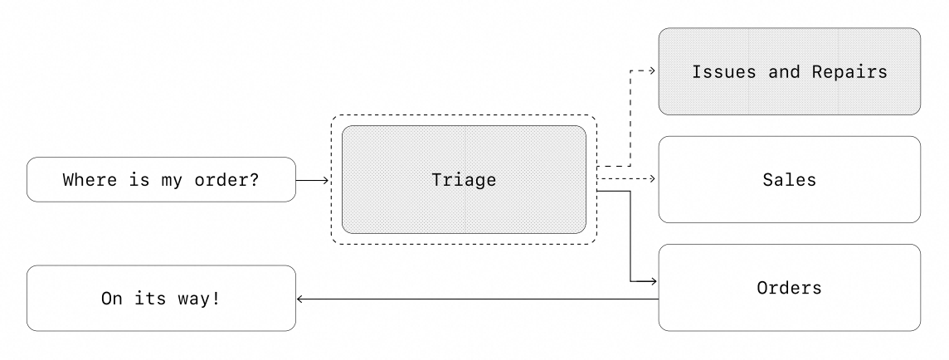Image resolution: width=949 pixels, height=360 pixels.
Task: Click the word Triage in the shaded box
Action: click(464, 179)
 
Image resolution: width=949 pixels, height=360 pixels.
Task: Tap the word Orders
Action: click(789, 288)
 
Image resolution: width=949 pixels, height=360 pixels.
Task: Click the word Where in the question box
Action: click(90, 179)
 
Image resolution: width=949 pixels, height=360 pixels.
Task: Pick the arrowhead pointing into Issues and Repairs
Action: click(653, 71)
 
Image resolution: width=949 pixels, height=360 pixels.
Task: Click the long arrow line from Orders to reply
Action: click(477, 299)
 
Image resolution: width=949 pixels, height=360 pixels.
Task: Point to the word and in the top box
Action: click(784, 71)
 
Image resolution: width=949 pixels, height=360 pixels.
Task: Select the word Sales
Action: click(789, 179)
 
